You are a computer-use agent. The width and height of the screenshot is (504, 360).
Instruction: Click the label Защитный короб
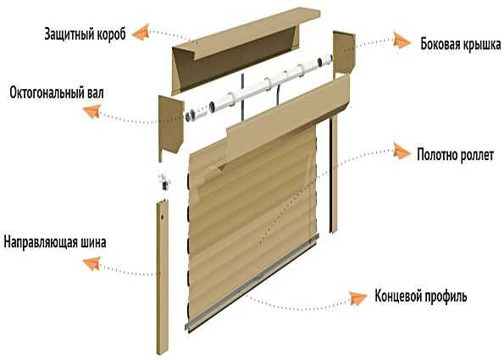point(85,34)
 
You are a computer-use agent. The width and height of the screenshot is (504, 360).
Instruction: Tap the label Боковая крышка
point(461,44)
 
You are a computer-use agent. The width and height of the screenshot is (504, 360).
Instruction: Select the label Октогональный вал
point(57,93)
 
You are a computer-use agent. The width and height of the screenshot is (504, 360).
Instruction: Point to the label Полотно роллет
point(455,155)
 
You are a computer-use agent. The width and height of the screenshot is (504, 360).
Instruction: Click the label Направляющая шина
point(55,242)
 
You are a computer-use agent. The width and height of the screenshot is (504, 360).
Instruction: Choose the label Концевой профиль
point(421,296)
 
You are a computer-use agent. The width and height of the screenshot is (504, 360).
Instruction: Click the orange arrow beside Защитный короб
point(141,32)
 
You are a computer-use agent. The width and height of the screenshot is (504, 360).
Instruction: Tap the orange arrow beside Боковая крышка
point(402,41)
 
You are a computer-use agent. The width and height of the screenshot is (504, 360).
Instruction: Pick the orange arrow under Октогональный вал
point(92,111)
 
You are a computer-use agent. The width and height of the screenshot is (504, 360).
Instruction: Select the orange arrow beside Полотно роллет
point(402,152)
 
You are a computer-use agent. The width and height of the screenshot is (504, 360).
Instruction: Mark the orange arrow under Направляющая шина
point(92,263)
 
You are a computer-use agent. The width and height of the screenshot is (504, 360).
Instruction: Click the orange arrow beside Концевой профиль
point(358,298)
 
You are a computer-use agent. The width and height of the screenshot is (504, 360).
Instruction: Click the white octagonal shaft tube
point(258,86)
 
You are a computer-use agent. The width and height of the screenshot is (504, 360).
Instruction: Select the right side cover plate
point(344,53)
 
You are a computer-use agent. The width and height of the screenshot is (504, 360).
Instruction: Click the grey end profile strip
point(252,283)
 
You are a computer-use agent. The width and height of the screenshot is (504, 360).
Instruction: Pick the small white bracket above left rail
point(164,181)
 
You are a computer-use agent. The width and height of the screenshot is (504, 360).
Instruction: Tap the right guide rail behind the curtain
point(333,174)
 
